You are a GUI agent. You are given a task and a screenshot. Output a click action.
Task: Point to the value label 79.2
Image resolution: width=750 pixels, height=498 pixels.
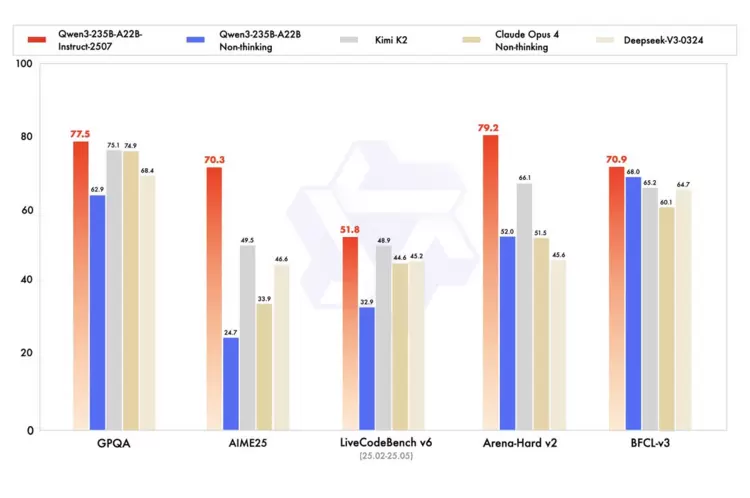click(x=490, y=127)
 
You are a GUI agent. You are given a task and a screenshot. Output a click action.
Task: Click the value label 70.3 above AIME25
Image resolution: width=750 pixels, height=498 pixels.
click(x=215, y=158)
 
